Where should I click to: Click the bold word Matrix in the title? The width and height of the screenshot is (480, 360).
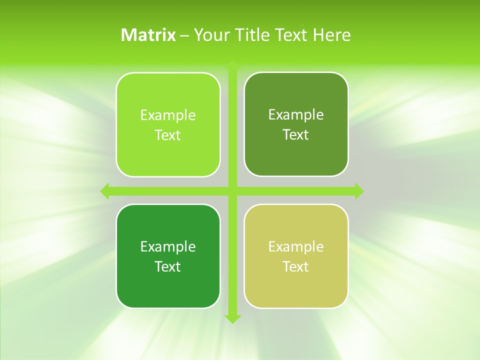pyautogui.click(x=148, y=35)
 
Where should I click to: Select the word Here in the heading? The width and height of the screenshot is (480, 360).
pyautogui.click(x=331, y=35)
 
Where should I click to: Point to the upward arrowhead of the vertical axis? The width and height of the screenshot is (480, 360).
pyautogui.click(x=232, y=65)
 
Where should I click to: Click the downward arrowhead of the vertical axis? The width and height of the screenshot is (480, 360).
pyautogui.click(x=232, y=318)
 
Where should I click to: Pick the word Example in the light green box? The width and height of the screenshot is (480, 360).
pyautogui.click(x=168, y=115)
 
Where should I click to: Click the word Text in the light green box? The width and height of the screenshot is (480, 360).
pyautogui.click(x=168, y=135)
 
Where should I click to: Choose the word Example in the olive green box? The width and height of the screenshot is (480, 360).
pyautogui.click(x=296, y=115)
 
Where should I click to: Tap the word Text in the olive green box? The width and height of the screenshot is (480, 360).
pyautogui.click(x=296, y=135)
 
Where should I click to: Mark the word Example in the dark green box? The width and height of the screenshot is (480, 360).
pyautogui.click(x=168, y=247)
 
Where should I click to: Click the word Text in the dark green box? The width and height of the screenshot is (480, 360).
pyautogui.click(x=168, y=267)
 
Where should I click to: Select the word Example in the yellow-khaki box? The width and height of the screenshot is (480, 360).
pyautogui.click(x=296, y=247)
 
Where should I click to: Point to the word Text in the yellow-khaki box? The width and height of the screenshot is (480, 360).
pyautogui.click(x=296, y=267)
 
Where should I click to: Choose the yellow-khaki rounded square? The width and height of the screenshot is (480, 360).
pyautogui.click(x=296, y=290)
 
